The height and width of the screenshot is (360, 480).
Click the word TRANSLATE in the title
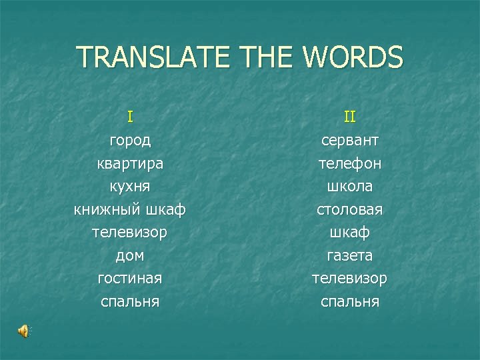coord(155,57)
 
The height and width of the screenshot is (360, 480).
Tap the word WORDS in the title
coord(354,57)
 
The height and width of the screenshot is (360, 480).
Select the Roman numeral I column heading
coord(130,117)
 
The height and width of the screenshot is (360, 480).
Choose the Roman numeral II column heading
coord(350,117)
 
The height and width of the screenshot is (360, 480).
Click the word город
coord(130,141)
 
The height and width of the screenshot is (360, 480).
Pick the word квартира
coord(130,164)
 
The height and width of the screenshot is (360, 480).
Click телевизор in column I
coord(130,233)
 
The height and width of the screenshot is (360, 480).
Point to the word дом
coord(130,256)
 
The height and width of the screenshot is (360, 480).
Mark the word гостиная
coord(130,279)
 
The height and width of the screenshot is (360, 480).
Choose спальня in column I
coord(130,302)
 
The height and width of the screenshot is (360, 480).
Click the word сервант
coord(350,141)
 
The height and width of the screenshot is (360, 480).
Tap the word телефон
coord(350,164)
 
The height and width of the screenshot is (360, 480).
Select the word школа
coord(350,187)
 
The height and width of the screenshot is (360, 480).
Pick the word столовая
coord(350,210)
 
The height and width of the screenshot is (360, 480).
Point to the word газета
coord(350,256)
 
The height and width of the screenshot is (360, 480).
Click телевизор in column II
coord(350,279)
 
